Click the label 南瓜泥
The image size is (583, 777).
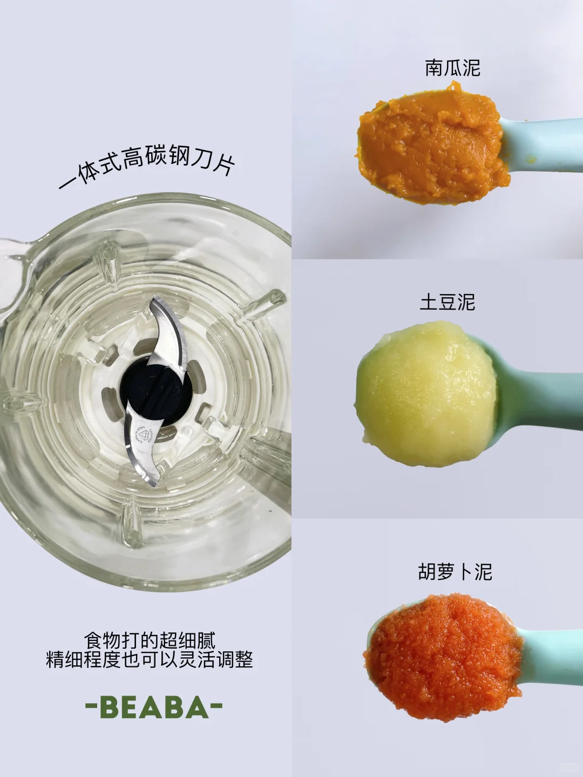[452, 68]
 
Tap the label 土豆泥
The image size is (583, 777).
[448, 302]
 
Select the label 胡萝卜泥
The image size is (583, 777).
[455, 571]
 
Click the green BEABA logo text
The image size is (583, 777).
[154, 707]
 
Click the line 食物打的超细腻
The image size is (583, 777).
[150, 640]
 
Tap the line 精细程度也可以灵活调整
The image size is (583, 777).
[150, 659]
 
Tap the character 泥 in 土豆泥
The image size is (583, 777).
[465, 302]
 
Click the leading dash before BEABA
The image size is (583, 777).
[91, 706]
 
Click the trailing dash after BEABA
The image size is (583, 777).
[216, 706]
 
